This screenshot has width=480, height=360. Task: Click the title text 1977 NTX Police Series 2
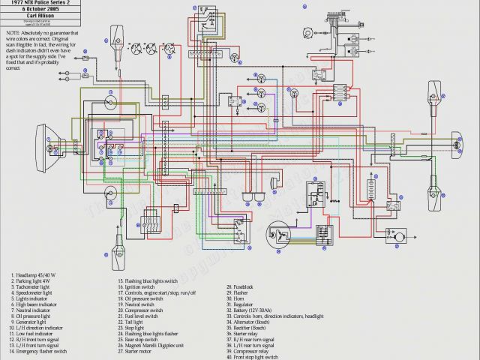point(60,4)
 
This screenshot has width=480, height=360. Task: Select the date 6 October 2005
point(60,10)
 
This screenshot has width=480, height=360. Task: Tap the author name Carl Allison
point(60,17)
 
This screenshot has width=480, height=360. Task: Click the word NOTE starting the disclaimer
point(13,34)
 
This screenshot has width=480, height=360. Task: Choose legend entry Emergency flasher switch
point(41,350)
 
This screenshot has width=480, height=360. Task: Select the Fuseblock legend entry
point(244,286)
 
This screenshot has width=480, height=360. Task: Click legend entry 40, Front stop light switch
point(256,357)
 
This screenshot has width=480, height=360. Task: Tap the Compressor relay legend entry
point(251,350)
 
